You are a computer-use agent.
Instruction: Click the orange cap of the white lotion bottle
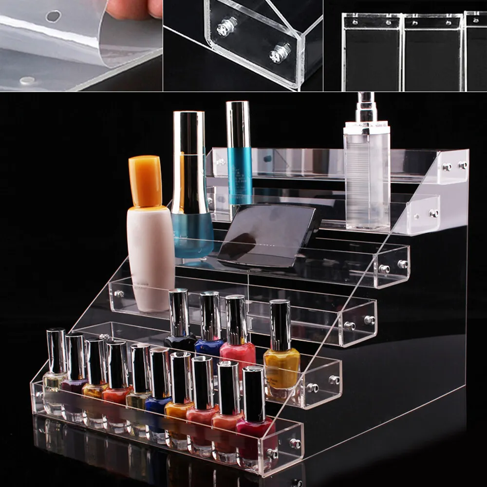pyautogui.click(x=145, y=180)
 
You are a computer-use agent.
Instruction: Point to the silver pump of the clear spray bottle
pyautogui.click(x=366, y=110)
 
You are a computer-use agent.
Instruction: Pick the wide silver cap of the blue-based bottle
pyautogui.click(x=188, y=161)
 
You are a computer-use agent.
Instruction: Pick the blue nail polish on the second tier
pyautogui.click(x=210, y=348)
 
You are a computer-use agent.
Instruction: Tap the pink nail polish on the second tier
pyautogui.click(x=238, y=353)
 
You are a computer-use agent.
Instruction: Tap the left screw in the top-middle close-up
pyautogui.click(x=226, y=27)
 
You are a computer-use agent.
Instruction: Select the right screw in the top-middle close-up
pyautogui.click(x=281, y=53)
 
